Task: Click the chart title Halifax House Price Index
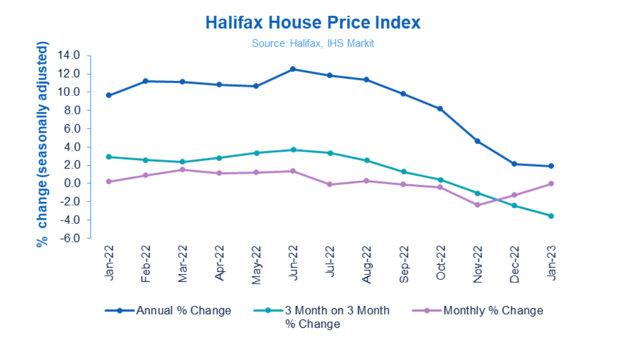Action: pyautogui.click(x=313, y=22)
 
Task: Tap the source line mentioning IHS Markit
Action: pyautogui.click(x=313, y=44)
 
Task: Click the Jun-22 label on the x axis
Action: pyautogui.click(x=293, y=262)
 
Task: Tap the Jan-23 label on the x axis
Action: pyautogui.click(x=551, y=262)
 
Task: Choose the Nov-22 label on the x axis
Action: pyautogui.click(x=477, y=262)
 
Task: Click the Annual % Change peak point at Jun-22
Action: pyautogui.click(x=293, y=69)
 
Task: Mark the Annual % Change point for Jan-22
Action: pyautogui.click(x=109, y=95)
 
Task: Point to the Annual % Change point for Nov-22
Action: pyautogui.click(x=477, y=141)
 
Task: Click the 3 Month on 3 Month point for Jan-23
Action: pyautogui.click(x=551, y=216)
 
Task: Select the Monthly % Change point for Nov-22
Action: pyautogui.click(x=477, y=205)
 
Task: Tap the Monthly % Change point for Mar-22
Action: pyautogui.click(x=182, y=170)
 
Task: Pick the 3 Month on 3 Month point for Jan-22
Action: pyautogui.click(x=109, y=157)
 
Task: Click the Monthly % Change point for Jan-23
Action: pyautogui.click(x=551, y=183)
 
